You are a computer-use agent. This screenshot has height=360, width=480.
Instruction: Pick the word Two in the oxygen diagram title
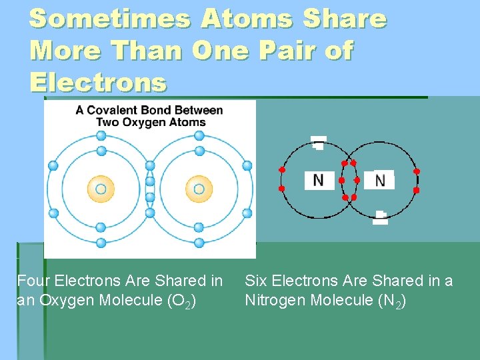[x=108, y=122]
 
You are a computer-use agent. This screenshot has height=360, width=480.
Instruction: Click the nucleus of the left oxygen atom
[x=101, y=189]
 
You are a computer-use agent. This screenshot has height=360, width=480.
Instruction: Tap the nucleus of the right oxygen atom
[x=199, y=189]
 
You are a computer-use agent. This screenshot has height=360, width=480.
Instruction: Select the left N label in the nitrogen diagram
[x=319, y=180]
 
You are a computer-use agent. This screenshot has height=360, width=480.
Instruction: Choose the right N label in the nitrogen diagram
[x=379, y=180]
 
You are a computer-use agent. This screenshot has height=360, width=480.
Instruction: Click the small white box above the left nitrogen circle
[x=319, y=142]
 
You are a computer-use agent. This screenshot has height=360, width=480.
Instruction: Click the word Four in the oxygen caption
[x=32, y=281]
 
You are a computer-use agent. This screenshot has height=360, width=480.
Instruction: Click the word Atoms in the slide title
[x=247, y=19]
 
